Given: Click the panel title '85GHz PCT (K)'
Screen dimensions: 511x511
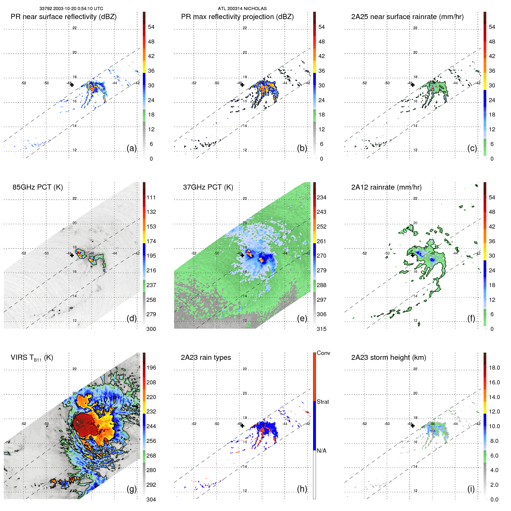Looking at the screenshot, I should (x=38, y=187).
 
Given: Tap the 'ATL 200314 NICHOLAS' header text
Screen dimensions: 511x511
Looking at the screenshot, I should (x=242, y=9).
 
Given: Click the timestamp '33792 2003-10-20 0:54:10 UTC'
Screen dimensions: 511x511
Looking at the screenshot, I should (x=71, y=9).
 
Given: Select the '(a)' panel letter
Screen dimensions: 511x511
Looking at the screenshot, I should (x=132, y=148).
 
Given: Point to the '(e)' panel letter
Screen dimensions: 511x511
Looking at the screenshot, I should (x=302, y=318).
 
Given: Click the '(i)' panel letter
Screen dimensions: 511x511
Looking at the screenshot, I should (x=471, y=489).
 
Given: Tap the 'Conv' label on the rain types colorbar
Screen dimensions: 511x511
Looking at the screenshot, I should (x=323, y=353).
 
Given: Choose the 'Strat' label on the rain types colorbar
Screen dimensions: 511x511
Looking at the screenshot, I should (x=323, y=402).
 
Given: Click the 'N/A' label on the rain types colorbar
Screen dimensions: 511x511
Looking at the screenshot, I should (x=322, y=451).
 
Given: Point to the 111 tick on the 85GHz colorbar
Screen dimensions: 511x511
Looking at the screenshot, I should (x=151, y=198).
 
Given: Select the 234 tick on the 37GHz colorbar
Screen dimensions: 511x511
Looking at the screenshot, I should (x=321, y=198).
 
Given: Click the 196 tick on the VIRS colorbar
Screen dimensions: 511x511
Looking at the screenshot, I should (x=151, y=368).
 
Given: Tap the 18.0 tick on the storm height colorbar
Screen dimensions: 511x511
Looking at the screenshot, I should (x=494, y=368).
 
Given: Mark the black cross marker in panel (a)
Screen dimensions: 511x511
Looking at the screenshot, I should (x=72, y=85).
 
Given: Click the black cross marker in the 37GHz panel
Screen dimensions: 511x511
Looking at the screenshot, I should (x=242, y=255).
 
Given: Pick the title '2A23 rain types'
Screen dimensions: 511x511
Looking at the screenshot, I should (x=206, y=357).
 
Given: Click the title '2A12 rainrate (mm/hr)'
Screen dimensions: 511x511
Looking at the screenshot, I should (x=386, y=187).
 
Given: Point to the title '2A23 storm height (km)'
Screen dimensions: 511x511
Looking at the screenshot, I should (x=388, y=357).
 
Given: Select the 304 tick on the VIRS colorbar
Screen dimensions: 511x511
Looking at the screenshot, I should (x=151, y=499).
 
